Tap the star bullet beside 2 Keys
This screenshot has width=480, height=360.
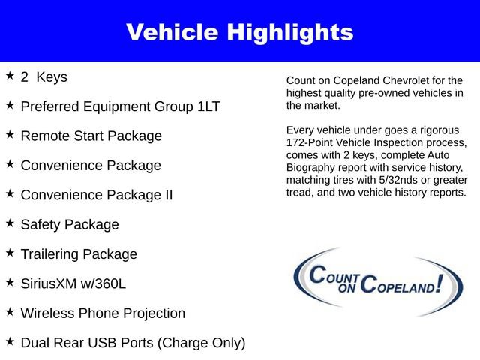(x=10, y=76)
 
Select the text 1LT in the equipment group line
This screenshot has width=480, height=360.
(x=209, y=106)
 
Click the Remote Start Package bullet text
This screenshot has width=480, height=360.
(x=91, y=136)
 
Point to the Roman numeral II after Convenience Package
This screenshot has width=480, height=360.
(x=166, y=195)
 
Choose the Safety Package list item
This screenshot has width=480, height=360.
(x=70, y=224)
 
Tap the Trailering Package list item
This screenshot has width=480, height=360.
(x=79, y=254)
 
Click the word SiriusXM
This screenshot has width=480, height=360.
(x=51, y=283)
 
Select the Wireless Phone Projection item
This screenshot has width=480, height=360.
(x=103, y=313)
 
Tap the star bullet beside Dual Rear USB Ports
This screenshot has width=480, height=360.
(x=10, y=341)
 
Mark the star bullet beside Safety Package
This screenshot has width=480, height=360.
(x=10, y=223)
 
